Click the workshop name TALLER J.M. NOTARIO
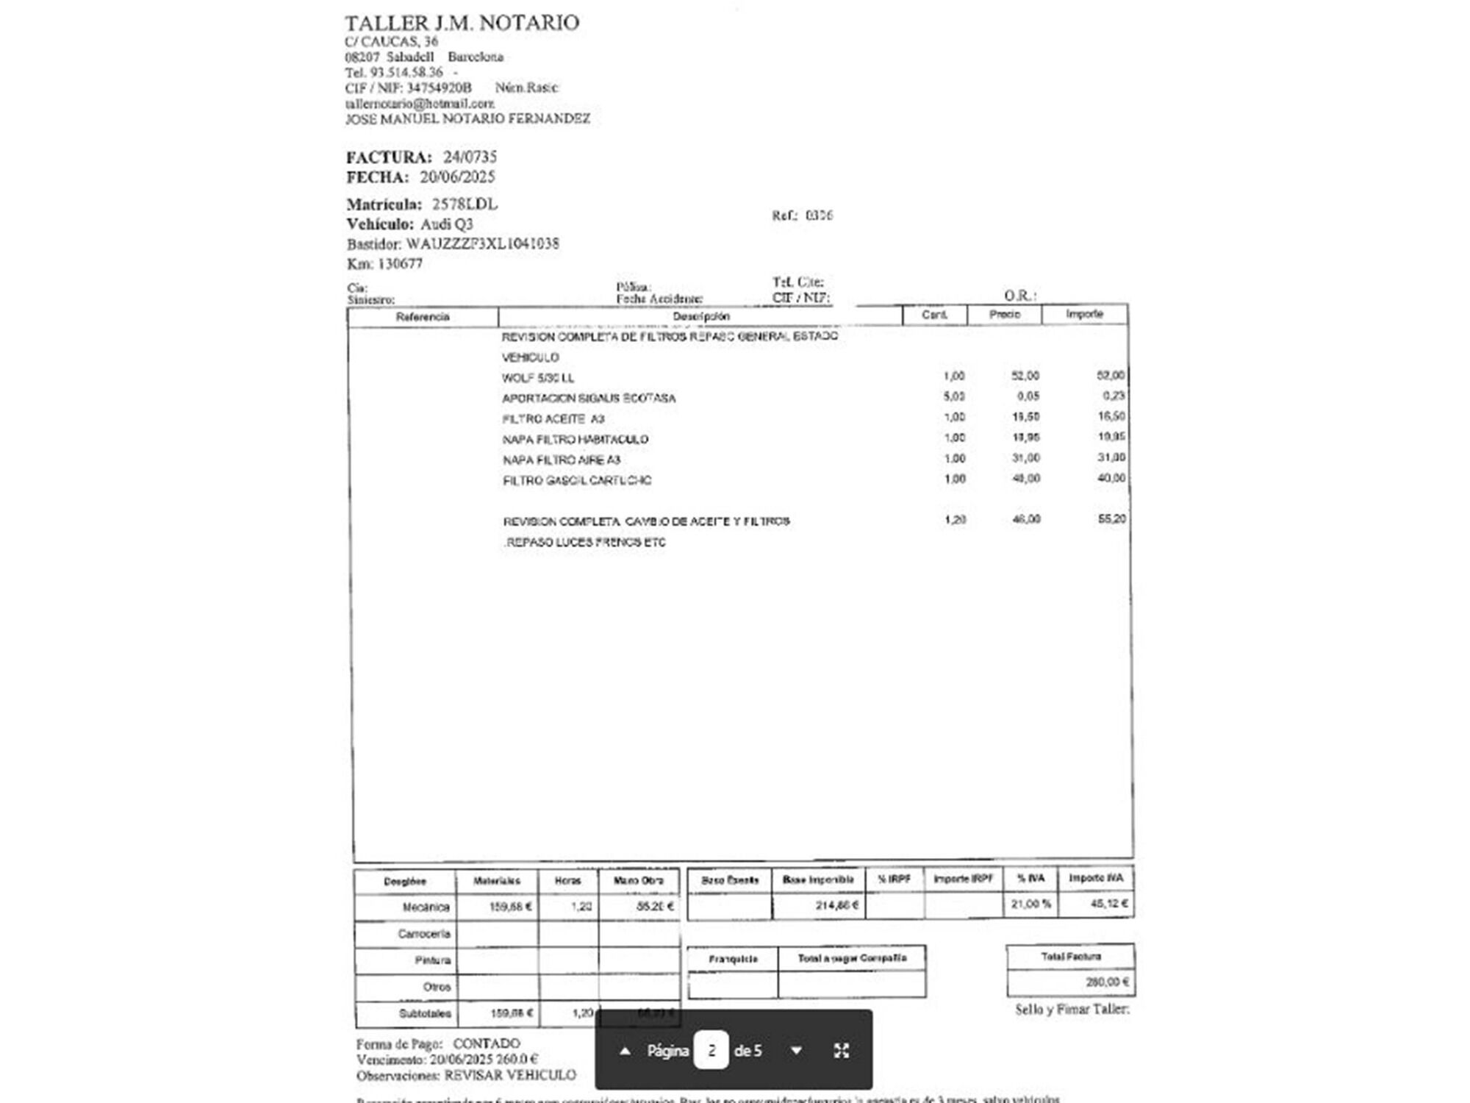(462, 23)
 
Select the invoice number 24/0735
(470, 157)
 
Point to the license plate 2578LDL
(465, 204)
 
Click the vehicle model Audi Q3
(447, 224)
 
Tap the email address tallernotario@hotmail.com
(420, 104)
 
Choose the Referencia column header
(423, 317)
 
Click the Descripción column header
(700, 316)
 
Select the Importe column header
(1084, 315)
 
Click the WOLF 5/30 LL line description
(538, 378)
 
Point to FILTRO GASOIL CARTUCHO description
(577, 481)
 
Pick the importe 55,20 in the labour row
(1111, 519)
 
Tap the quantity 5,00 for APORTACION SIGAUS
(954, 396)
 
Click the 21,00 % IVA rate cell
(1030, 904)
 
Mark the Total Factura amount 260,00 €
(1107, 982)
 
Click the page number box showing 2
(711, 1051)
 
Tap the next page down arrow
(796, 1051)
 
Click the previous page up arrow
(625, 1051)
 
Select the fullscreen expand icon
(842, 1051)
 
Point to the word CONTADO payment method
(486, 1043)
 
